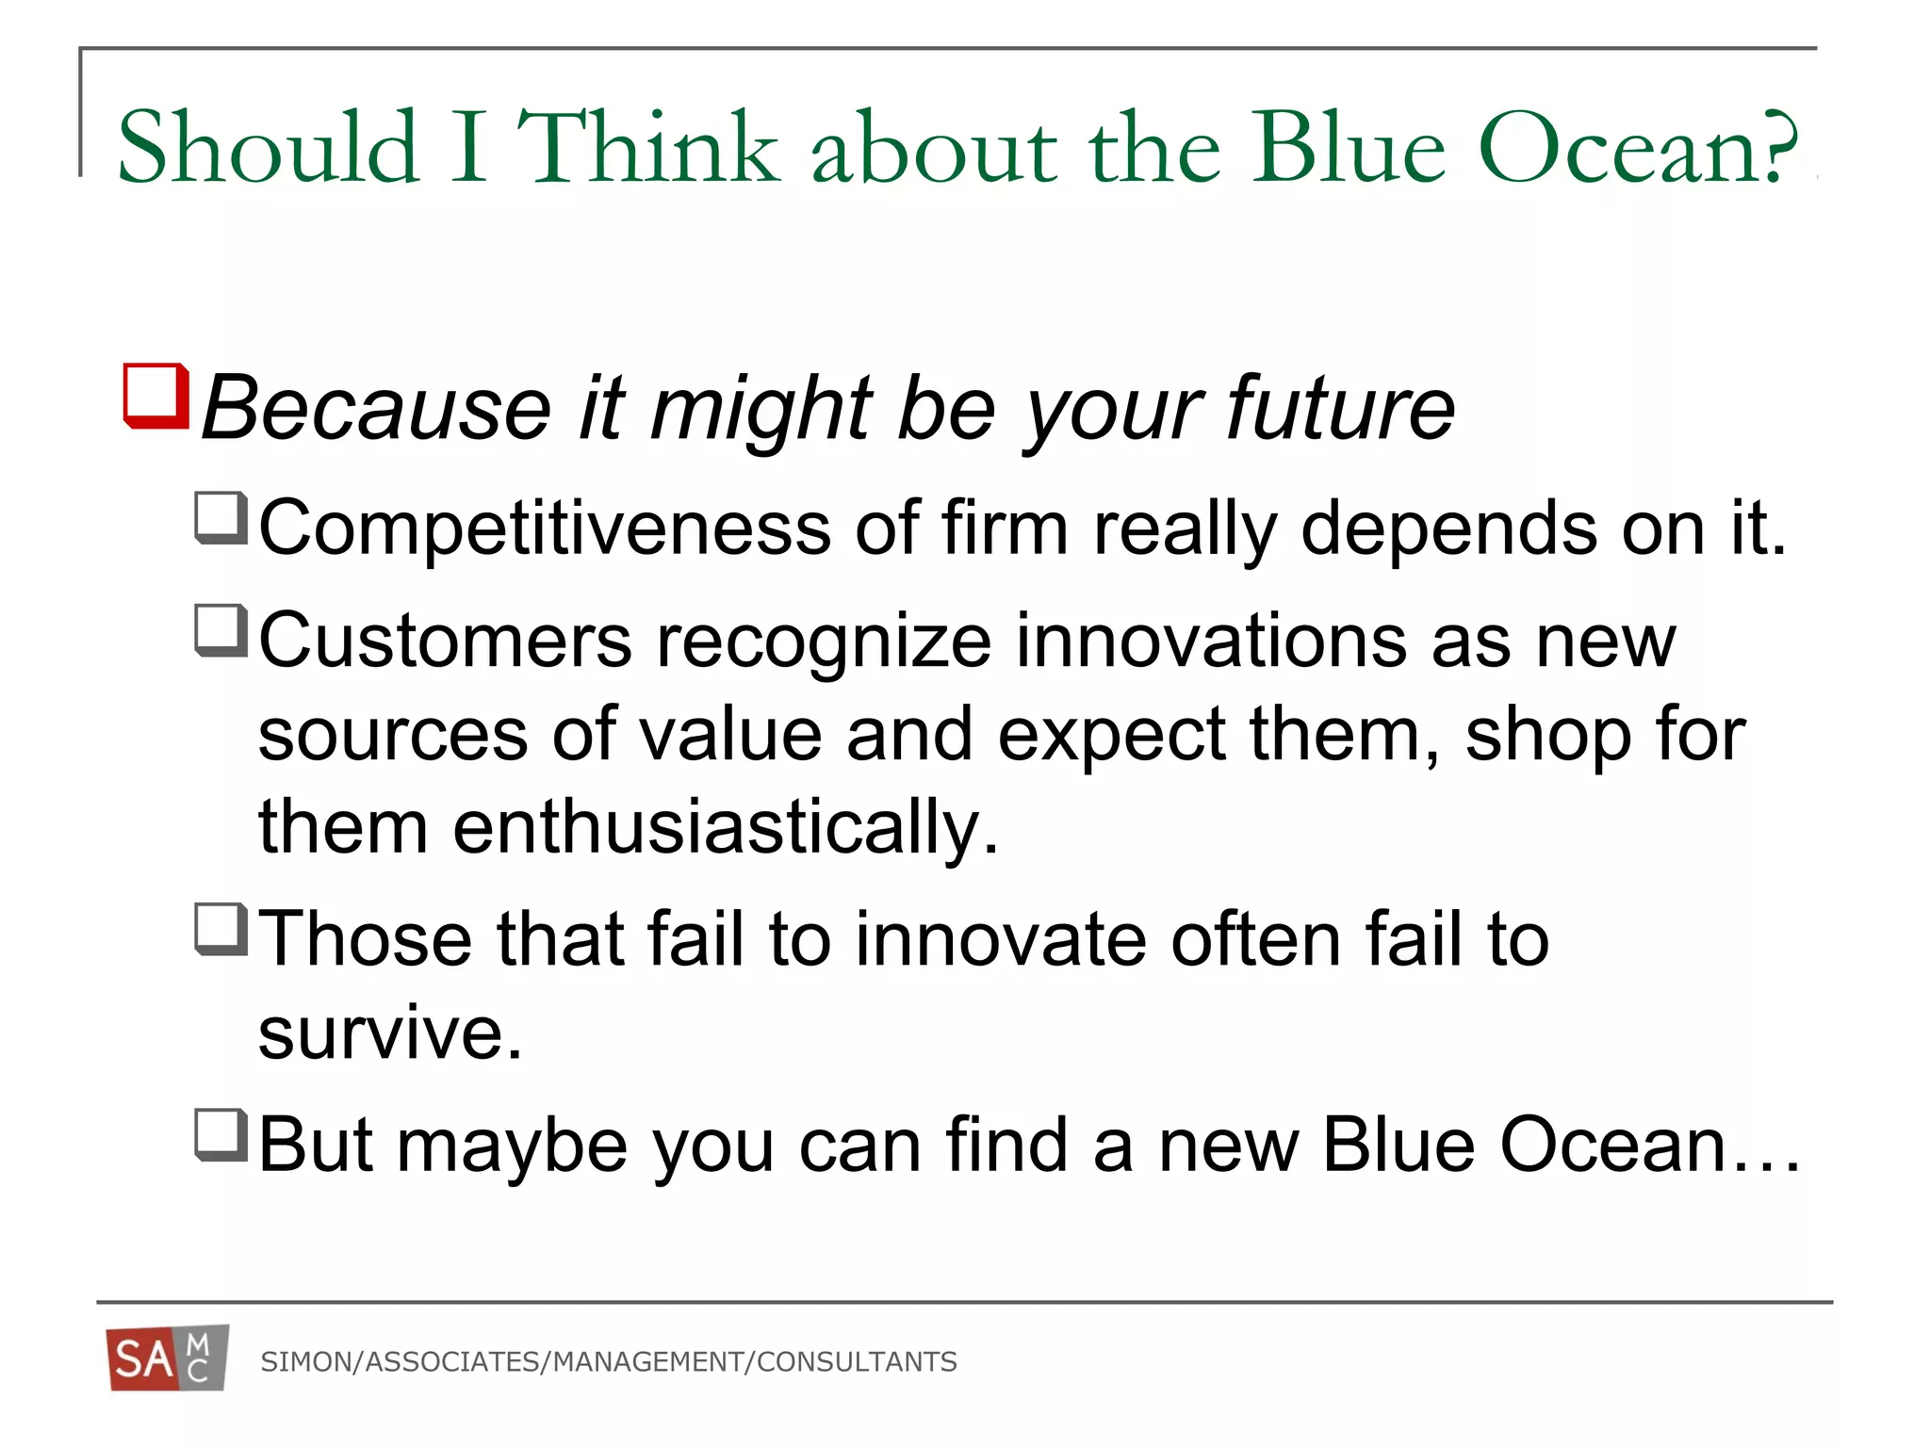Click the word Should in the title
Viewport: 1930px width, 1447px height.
point(268,147)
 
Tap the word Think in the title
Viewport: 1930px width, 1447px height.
point(649,147)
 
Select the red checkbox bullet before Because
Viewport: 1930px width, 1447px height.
point(155,396)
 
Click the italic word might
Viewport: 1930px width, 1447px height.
point(761,409)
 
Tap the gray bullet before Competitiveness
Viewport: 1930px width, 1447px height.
point(221,518)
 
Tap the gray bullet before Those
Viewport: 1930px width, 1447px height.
point(221,929)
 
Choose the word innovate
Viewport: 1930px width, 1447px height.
point(1001,939)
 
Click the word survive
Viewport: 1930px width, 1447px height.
point(390,1033)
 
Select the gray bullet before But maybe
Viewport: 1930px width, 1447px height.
point(221,1135)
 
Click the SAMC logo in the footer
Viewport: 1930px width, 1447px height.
point(168,1358)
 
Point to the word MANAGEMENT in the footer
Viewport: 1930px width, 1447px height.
point(648,1362)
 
